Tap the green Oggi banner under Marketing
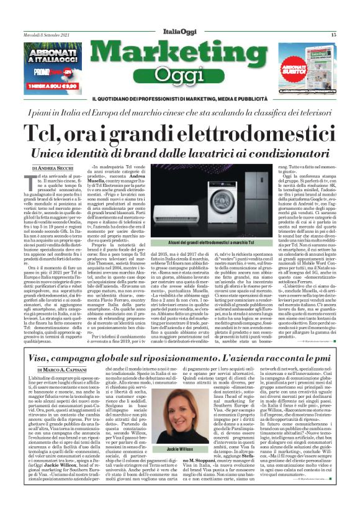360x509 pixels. coord(179,75)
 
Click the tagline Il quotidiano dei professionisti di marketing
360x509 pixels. coord(180,99)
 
